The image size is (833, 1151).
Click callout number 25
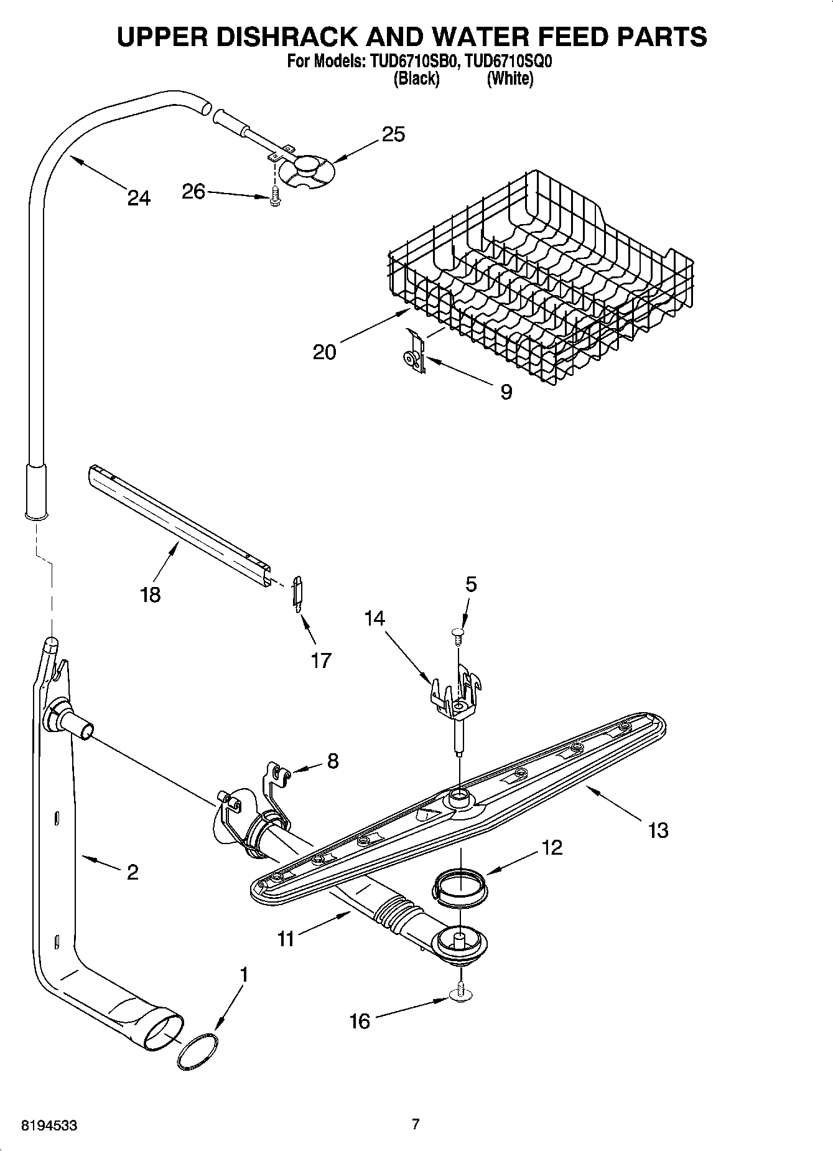coord(393,134)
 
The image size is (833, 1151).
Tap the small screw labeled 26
coord(274,198)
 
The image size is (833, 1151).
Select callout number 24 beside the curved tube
coord(139,198)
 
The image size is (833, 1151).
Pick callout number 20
coord(324,352)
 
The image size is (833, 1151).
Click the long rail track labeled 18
coord(180,523)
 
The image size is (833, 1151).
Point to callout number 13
coord(658,830)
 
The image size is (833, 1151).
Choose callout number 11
coord(286,938)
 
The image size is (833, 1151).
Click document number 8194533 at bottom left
coord(50,1125)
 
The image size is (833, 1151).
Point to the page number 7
coord(416,1124)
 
